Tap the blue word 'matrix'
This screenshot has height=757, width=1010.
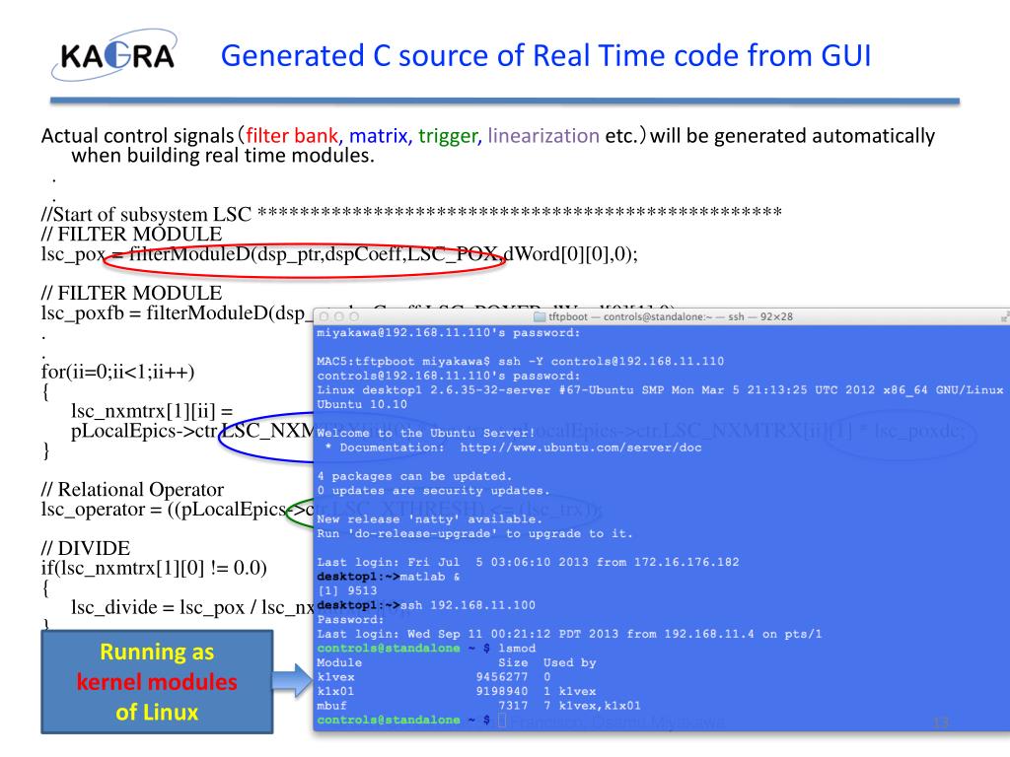tap(380, 136)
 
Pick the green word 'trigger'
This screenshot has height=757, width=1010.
tap(449, 136)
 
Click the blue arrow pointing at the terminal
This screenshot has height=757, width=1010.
tap(295, 681)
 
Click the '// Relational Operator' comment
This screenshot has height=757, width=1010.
tap(132, 489)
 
